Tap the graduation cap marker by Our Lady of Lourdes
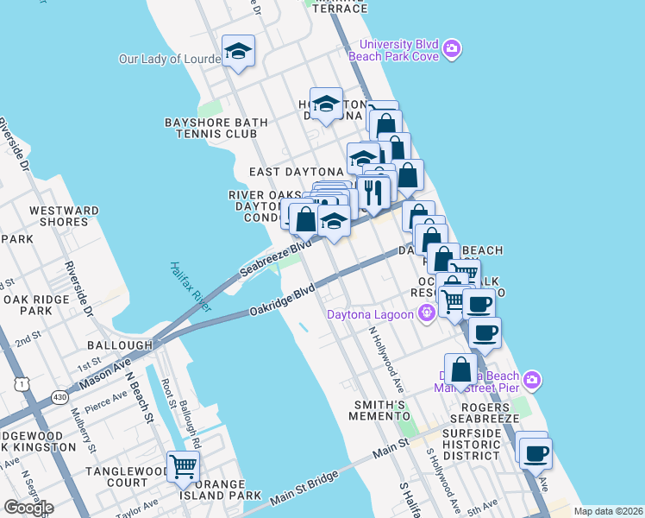coord(237,52)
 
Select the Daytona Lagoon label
coord(370,314)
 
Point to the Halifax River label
coord(191,286)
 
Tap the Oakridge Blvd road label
coord(282,301)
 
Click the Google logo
coord(28,507)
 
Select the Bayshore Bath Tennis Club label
coord(210,128)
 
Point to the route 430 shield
coord(59,395)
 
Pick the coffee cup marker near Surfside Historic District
coord(535,452)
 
